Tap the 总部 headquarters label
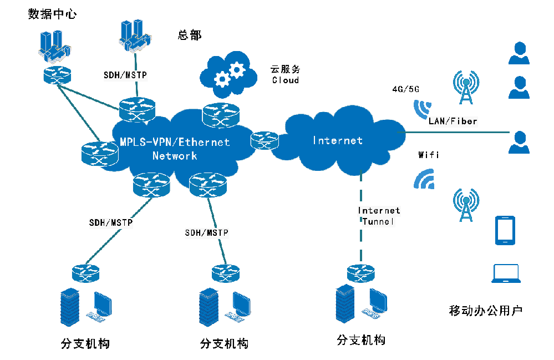190,35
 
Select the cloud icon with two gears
229,74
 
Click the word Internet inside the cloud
338,141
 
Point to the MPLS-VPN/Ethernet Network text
175,149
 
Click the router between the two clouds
264,141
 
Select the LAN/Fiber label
453,120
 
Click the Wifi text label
428,155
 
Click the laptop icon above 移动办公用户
506,273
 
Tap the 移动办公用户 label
485,310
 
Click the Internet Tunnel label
379,216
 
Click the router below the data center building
57,75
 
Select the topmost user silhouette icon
519,54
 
